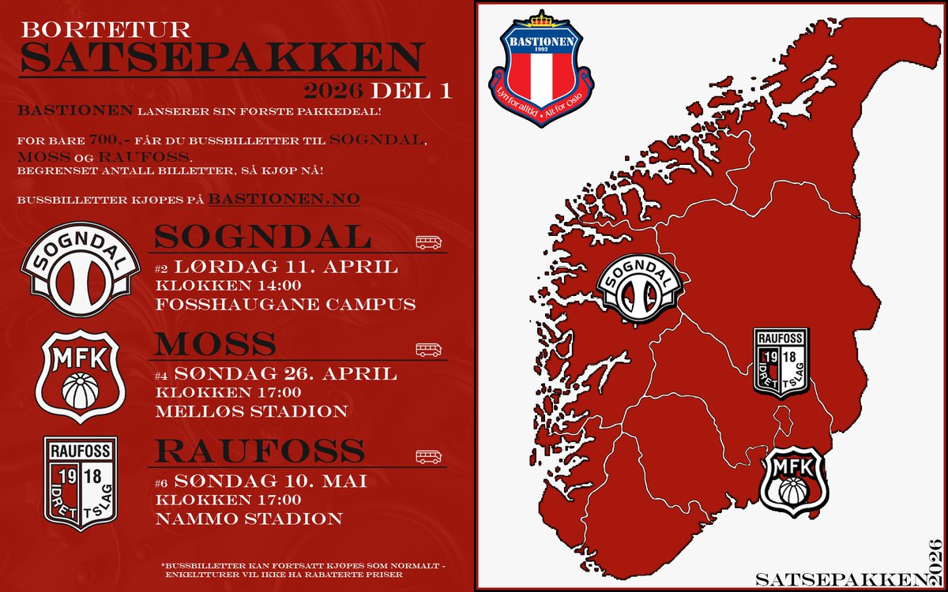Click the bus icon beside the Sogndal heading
click(x=428, y=242)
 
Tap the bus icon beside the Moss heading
click(x=428, y=350)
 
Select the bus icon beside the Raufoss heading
click(x=428, y=456)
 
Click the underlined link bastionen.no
click(x=284, y=199)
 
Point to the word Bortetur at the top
click(x=106, y=30)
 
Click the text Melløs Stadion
click(x=251, y=411)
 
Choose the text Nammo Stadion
click(x=249, y=519)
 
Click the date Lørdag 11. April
click(x=285, y=267)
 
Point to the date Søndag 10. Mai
click(x=270, y=481)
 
